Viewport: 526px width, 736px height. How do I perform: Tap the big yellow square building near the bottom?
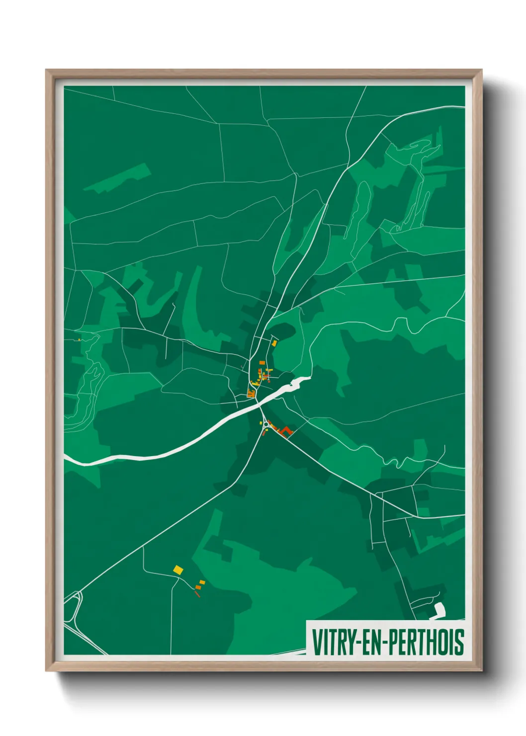click(x=177, y=569)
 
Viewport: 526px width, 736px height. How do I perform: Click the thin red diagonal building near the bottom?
click(x=197, y=593)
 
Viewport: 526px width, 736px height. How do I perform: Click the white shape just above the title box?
click(x=438, y=610)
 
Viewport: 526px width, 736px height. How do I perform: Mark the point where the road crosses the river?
click(x=259, y=405)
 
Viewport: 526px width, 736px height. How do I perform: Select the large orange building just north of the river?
click(x=251, y=394)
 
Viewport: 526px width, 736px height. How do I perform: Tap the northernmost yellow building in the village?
click(x=274, y=343)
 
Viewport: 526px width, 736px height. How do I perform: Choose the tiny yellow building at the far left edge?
click(x=79, y=340)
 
